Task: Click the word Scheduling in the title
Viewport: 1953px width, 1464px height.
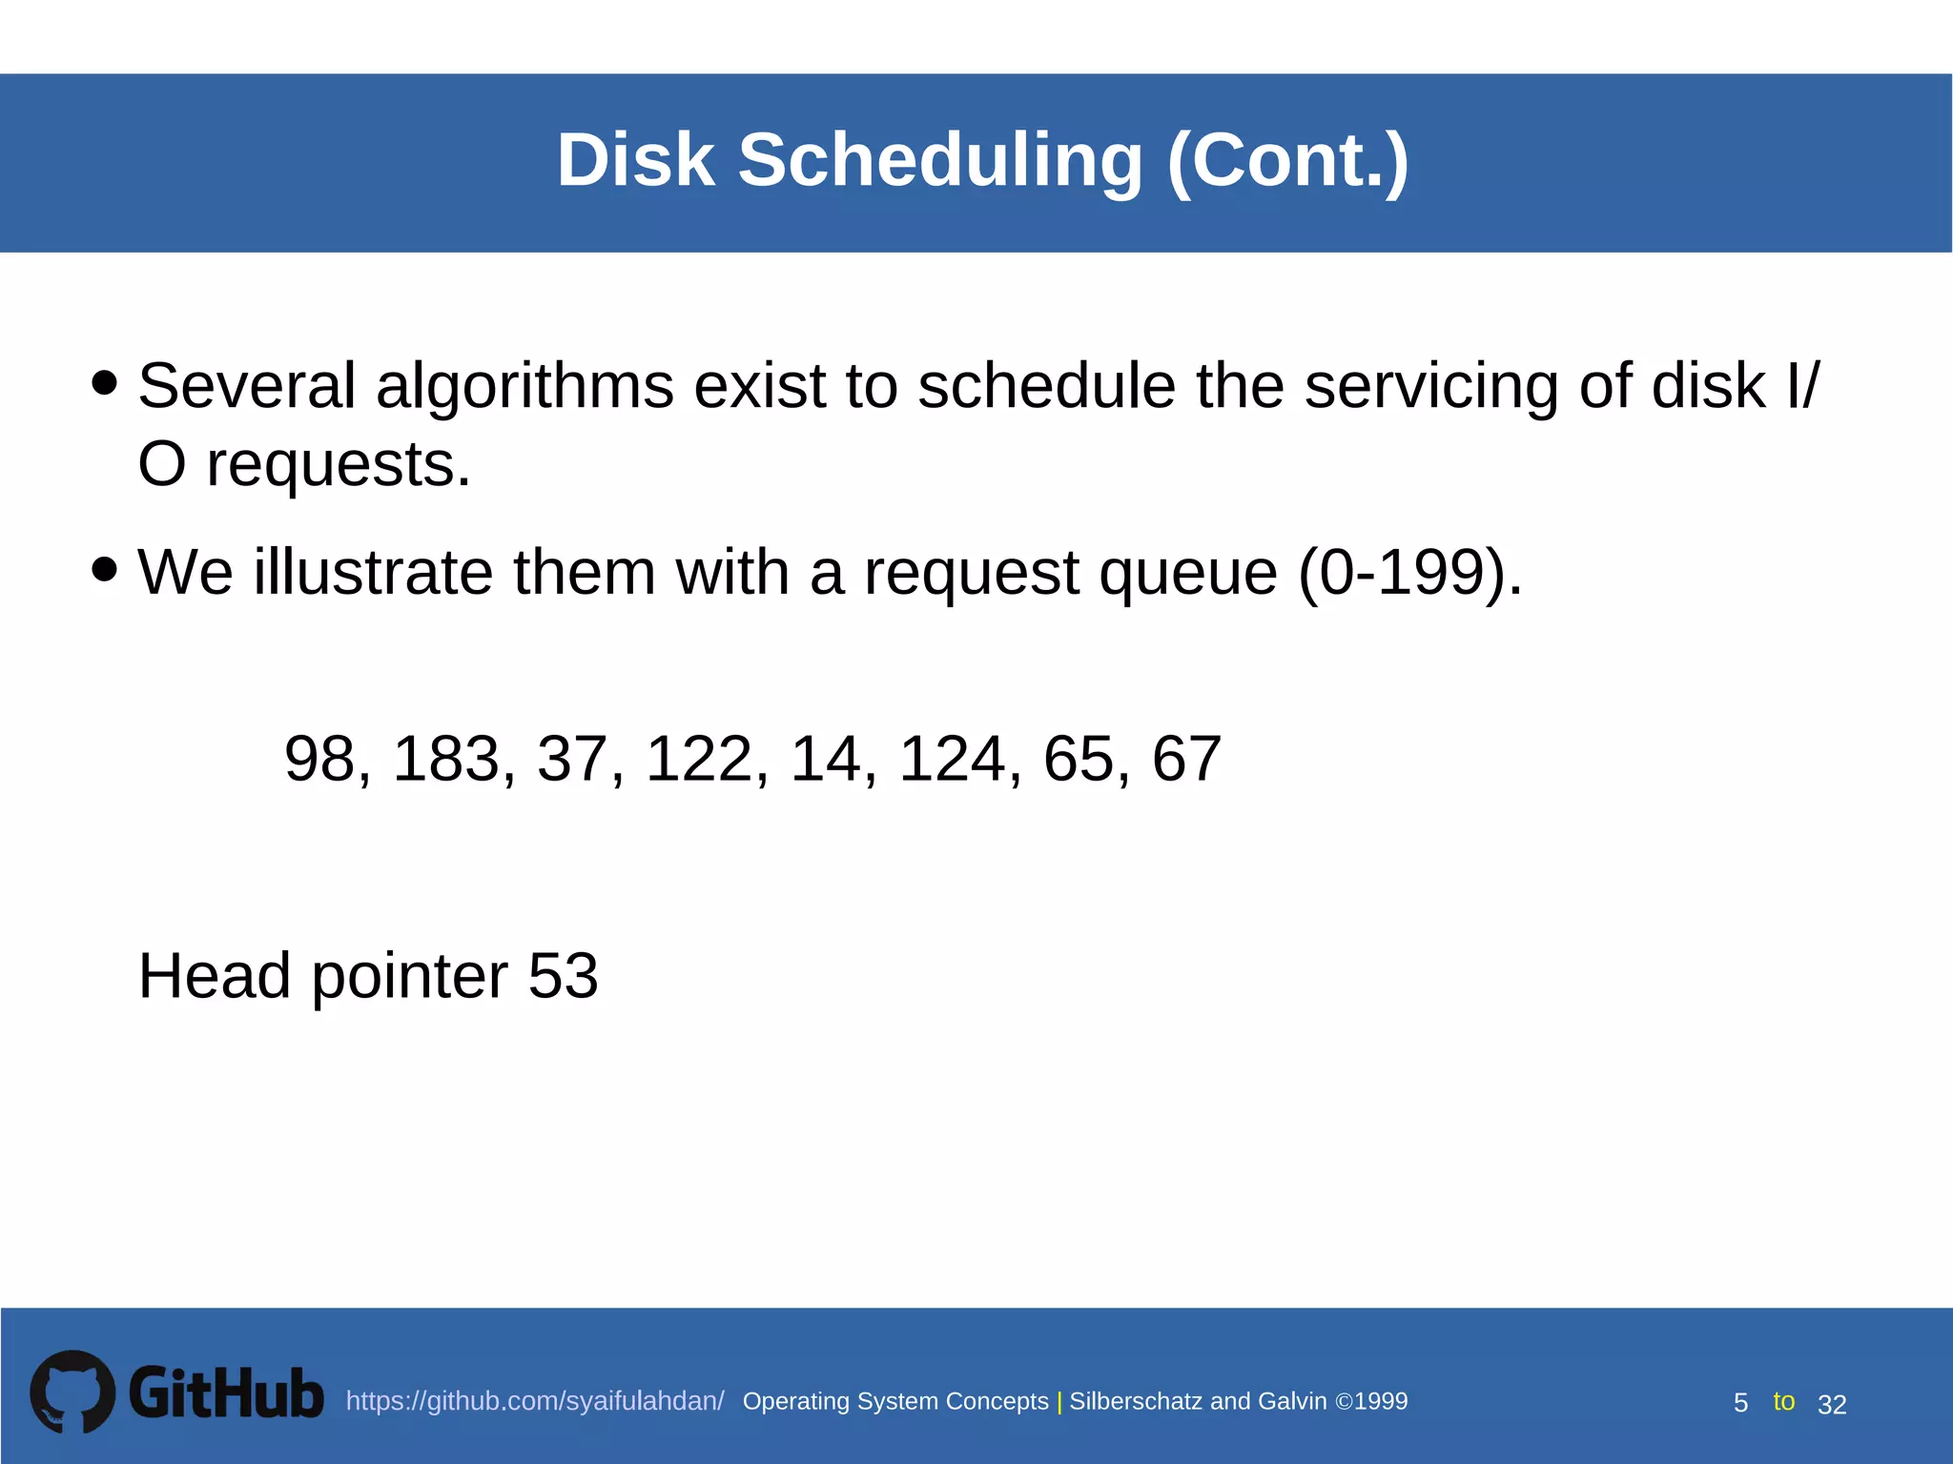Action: pos(939,160)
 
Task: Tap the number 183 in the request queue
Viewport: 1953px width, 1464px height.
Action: pos(446,759)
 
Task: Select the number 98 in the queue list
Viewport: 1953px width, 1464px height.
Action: pos(319,759)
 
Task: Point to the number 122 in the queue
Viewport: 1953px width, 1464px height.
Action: pos(699,759)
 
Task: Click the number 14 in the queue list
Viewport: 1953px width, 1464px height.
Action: pos(825,759)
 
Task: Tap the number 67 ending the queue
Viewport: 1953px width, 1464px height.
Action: pos(1186,759)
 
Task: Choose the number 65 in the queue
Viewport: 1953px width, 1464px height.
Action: pos(1078,759)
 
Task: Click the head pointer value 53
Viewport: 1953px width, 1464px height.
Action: pos(563,976)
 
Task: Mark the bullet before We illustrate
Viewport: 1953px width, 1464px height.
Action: pos(105,570)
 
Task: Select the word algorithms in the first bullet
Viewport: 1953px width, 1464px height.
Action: pos(524,387)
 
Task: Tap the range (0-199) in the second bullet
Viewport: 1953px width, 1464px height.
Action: pos(1409,572)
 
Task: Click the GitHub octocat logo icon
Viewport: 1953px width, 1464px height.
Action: pos(72,1392)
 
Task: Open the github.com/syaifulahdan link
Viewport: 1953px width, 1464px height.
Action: pos(535,1401)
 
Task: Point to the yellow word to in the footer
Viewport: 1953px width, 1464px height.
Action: pos(1783,1401)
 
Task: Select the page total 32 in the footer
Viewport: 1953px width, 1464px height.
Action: pos(1832,1404)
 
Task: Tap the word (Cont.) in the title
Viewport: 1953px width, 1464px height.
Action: pos(1287,160)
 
